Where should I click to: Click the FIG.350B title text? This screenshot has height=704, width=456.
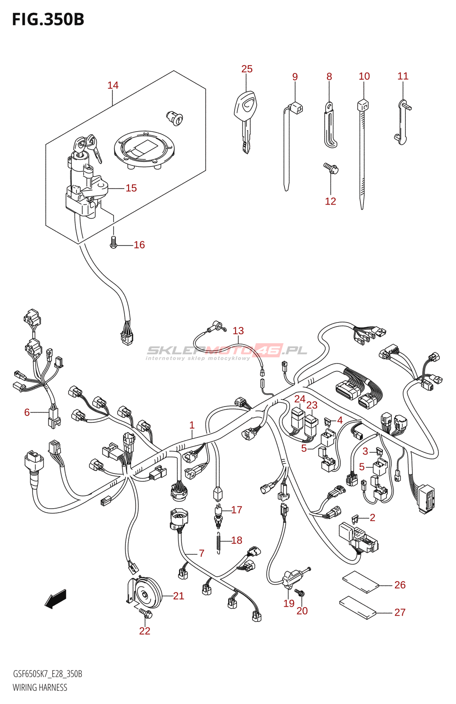tap(48, 19)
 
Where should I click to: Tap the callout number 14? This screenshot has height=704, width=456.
tap(113, 85)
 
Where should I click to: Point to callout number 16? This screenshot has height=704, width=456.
tap(139, 245)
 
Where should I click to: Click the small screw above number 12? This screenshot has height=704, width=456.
tap(330, 168)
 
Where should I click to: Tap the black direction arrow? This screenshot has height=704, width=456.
tap(55, 599)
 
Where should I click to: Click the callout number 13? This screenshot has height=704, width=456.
tap(238, 331)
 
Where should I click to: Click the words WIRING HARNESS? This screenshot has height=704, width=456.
tap(40, 687)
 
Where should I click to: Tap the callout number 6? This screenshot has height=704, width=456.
tap(27, 412)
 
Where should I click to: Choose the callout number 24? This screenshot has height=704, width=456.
tap(300, 399)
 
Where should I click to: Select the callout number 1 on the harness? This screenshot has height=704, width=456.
tap(192, 425)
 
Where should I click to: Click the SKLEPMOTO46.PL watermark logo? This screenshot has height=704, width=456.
tap(227, 351)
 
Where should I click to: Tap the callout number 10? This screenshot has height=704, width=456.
tap(364, 76)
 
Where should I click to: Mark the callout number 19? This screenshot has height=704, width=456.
tap(289, 603)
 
